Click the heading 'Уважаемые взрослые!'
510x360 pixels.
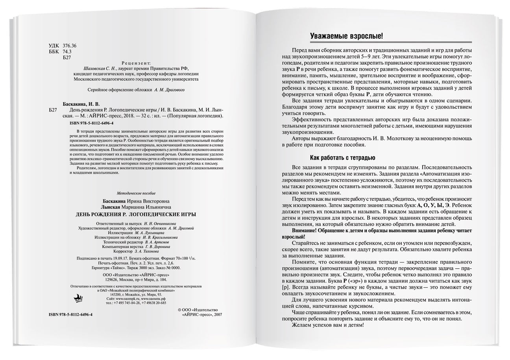346,36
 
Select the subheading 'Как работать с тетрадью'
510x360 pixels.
342,158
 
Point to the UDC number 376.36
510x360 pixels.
70,46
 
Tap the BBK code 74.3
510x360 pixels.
67,52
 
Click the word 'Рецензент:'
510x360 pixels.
136,63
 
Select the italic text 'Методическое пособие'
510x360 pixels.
136,193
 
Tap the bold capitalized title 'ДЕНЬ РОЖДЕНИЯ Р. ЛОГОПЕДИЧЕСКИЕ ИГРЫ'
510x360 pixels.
135,214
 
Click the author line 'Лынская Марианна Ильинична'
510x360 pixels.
137,207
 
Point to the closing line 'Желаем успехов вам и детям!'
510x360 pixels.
328,325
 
